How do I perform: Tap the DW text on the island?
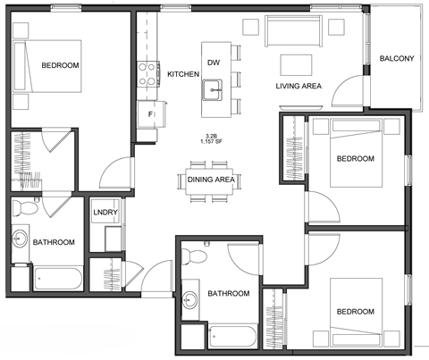tap(213, 62)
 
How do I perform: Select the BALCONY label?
tap(396, 59)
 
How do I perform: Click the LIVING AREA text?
tap(298, 87)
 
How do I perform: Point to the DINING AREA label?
tap(212, 180)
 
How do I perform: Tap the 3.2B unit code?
tap(213, 135)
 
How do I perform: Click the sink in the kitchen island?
tap(213, 88)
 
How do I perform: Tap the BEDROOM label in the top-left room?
tap(60, 65)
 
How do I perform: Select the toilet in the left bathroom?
tap(26, 209)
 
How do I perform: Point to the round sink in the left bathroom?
tap(20, 239)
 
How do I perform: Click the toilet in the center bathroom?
tap(195, 257)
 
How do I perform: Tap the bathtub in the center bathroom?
tap(231, 337)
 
